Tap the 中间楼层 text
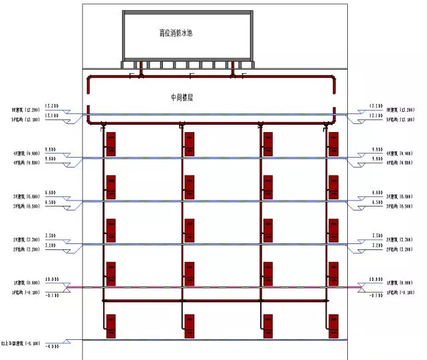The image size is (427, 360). point(182,97)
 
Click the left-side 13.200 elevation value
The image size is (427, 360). point(52,106)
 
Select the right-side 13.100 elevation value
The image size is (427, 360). point(375,115)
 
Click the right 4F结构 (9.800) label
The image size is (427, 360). point(400,162)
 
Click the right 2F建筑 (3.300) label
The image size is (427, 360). point(400,239)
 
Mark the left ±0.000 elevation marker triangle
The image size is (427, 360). point(68,286)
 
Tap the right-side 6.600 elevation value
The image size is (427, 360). point(375,193)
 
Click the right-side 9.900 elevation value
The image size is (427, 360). point(375,149)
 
